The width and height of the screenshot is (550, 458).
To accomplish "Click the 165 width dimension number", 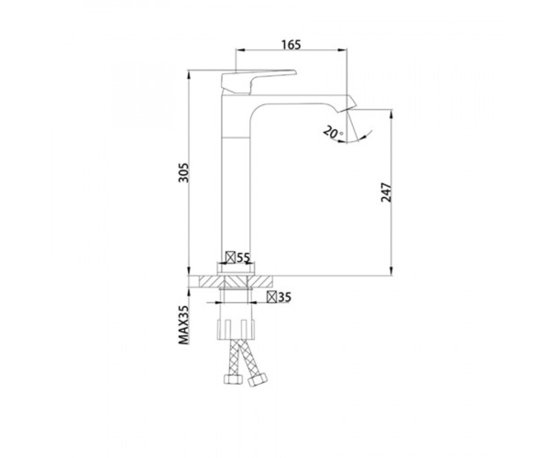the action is (291, 45).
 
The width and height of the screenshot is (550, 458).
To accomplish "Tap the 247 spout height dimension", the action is (386, 192).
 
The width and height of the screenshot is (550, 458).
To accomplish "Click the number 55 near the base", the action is (243, 258).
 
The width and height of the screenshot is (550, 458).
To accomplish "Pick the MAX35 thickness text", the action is (184, 325).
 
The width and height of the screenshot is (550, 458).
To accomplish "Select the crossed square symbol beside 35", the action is (272, 297).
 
